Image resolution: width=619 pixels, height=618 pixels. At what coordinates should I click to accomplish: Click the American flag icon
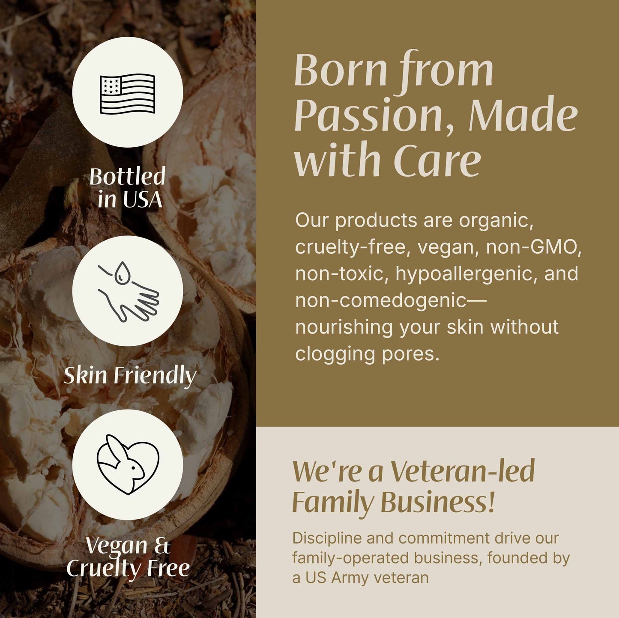coord(127,93)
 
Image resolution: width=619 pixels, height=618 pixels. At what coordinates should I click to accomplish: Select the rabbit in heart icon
coord(128,464)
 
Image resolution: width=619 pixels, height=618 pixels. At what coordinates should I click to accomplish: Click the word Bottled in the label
coord(127,176)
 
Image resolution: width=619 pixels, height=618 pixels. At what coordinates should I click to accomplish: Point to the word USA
coord(142,199)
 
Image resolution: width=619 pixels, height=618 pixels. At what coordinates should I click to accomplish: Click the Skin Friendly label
coord(130,376)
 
